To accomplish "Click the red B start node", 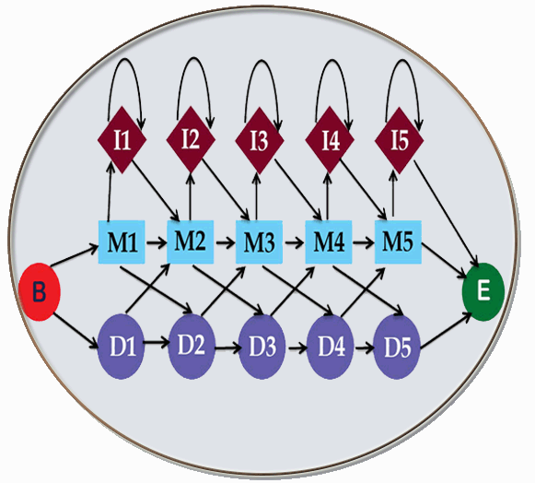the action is coord(40,291).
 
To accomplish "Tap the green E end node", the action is coord(483,291).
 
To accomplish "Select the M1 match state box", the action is coord(122,242).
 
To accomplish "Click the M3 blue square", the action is coord(260,242).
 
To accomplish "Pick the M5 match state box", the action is coord(398,242).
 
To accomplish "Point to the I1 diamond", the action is coord(122,140).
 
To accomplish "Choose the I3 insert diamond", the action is coord(260,140).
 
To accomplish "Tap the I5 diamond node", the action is coord(400,140).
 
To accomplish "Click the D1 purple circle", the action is coord(122,347).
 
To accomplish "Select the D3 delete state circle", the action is coord(262,348).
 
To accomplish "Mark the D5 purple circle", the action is coord(397,348).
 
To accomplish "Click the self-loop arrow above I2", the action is coord(194,58).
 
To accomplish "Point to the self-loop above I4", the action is coord(332,61).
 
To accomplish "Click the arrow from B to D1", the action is coord(76,331).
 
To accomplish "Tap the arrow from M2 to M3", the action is coord(226,242).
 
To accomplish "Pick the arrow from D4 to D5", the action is coord(365,348).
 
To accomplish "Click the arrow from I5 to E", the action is coord(447,213).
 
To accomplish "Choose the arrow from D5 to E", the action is coord(447,331).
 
